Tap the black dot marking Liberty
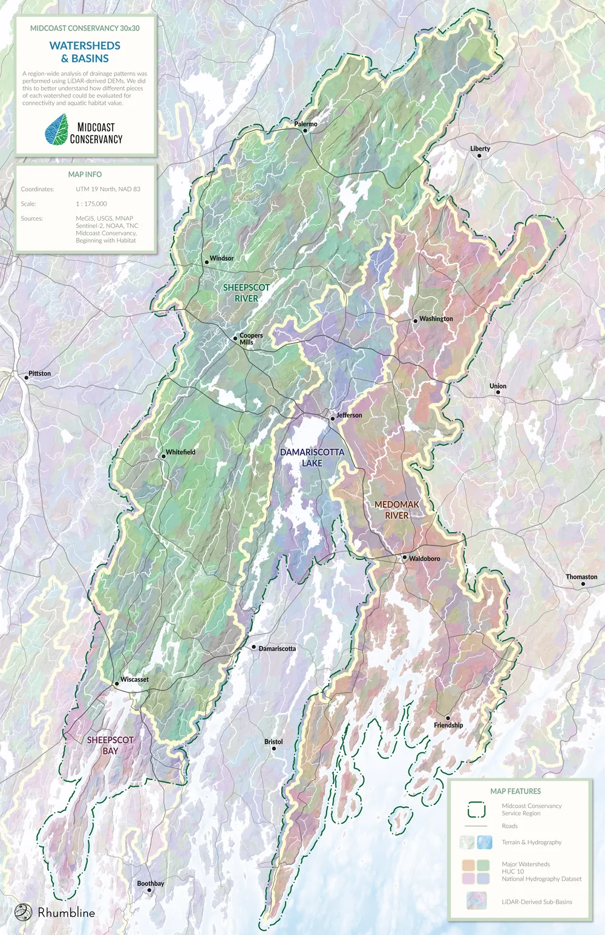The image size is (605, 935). pos(479,156)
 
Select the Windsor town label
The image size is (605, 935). pos(221,258)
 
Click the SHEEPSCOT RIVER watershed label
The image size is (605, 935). pos(246,293)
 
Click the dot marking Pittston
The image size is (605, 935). pos(27,377)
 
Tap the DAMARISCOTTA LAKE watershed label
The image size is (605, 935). pos(312,458)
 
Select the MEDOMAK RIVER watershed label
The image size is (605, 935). pos(397,510)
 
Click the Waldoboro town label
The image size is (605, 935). pos(425,559)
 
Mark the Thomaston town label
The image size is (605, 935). pos(581,577)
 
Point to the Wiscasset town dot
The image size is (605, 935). pos(117,684)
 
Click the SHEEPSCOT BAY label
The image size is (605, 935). pos(110,746)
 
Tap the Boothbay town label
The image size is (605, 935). pos(151,884)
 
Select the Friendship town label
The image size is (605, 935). pos(448,725)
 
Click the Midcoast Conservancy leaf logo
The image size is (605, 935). pos(57,130)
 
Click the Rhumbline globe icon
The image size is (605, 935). pos(23,912)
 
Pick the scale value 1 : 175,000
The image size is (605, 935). pos(91,204)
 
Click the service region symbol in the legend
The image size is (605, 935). pos(476,810)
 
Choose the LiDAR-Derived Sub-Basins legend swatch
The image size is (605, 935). pos(476,901)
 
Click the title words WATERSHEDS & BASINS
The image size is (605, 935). pos(85,52)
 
